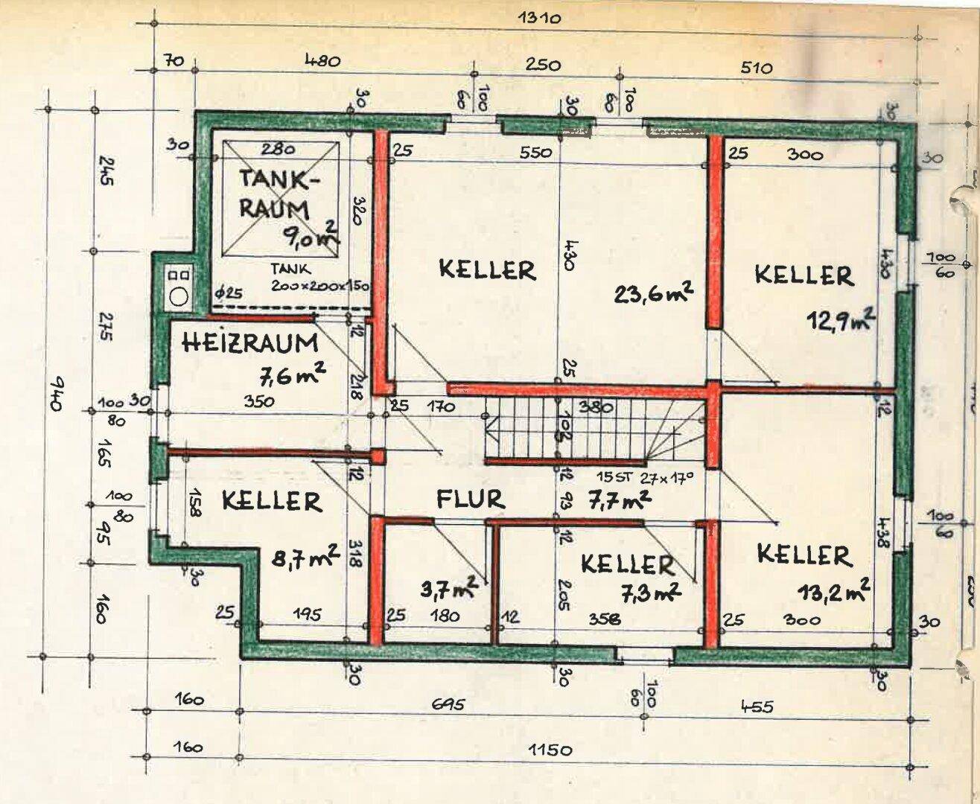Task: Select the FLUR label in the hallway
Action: pos(470,499)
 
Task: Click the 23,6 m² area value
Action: pos(655,293)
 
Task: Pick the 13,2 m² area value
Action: pos(833,591)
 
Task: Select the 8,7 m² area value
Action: pos(306,556)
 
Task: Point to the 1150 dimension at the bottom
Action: pos(551,749)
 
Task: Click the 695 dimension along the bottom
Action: pos(447,704)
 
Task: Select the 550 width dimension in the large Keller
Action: pos(535,152)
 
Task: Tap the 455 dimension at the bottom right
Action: pos(757,705)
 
